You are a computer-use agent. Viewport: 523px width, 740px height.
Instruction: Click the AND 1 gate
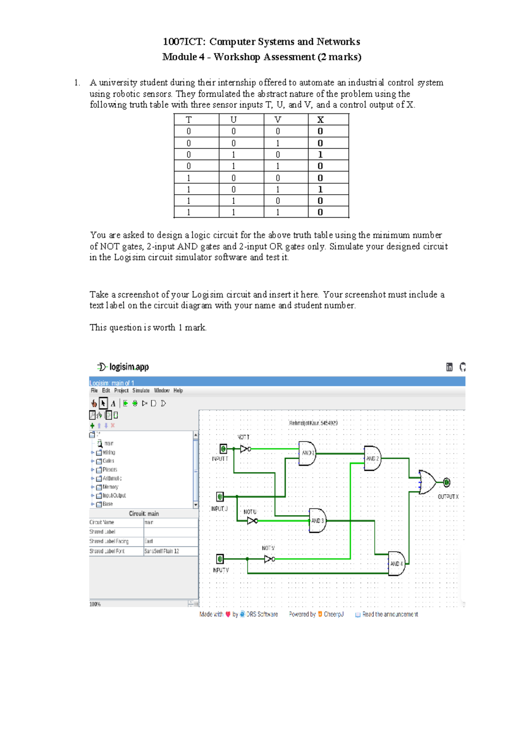tap(307, 453)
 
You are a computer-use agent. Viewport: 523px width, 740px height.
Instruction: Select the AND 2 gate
tap(372, 459)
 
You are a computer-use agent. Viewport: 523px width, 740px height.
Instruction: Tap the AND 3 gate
tap(317, 521)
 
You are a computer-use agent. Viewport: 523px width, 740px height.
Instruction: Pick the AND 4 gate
tap(396, 564)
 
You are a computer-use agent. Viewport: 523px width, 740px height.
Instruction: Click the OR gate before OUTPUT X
tap(427, 482)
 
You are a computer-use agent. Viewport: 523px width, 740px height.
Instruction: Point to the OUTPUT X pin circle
tap(447, 482)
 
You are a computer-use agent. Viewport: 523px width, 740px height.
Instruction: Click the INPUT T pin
tap(223, 449)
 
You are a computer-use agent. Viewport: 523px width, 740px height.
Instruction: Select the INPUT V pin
tap(220, 559)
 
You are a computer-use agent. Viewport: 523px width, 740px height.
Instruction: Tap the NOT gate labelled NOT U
tap(252, 521)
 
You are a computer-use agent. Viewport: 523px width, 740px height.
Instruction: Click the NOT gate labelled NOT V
tap(269, 559)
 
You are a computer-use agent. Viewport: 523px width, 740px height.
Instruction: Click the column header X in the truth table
tap(320, 120)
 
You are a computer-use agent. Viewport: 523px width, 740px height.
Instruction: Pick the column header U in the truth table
tap(234, 120)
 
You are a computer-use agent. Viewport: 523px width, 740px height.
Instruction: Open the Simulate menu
tap(141, 391)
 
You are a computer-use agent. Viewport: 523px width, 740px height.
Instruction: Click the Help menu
tap(178, 391)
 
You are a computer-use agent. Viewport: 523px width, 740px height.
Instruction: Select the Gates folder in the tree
tap(108, 461)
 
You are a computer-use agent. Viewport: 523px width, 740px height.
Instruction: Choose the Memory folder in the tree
tap(110, 487)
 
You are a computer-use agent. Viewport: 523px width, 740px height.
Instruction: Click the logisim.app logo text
tap(129, 367)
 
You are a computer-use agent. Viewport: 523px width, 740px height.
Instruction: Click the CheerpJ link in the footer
tap(333, 614)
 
